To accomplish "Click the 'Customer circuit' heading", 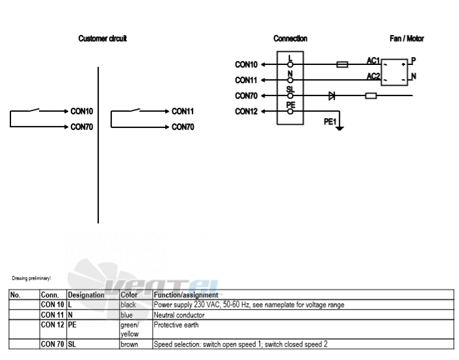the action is (x=103, y=38).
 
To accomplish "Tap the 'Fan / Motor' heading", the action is (x=406, y=38).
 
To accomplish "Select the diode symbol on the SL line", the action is (x=332, y=96).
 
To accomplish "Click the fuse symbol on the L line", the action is (x=342, y=64).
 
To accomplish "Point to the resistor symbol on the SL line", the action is (x=371, y=96).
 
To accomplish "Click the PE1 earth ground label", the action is (x=330, y=122).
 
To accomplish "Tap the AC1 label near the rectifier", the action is (x=373, y=60).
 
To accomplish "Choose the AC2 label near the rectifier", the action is (x=373, y=77).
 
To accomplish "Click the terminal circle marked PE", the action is (x=290, y=112).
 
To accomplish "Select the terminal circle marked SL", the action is (x=290, y=96).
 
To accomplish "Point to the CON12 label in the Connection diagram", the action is (x=246, y=112).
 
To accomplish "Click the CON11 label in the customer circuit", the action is (x=183, y=111).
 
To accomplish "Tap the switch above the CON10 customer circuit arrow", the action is (x=34, y=110).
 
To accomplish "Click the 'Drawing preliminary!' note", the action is (x=31, y=278).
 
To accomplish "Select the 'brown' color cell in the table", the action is (x=129, y=344).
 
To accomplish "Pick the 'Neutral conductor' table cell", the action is (x=179, y=315).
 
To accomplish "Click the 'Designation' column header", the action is (x=86, y=295).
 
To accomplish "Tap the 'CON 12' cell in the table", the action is (x=53, y=325).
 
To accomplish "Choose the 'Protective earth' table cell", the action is (x=176, y=325).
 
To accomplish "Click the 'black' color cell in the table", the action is (x=128, y=305).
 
